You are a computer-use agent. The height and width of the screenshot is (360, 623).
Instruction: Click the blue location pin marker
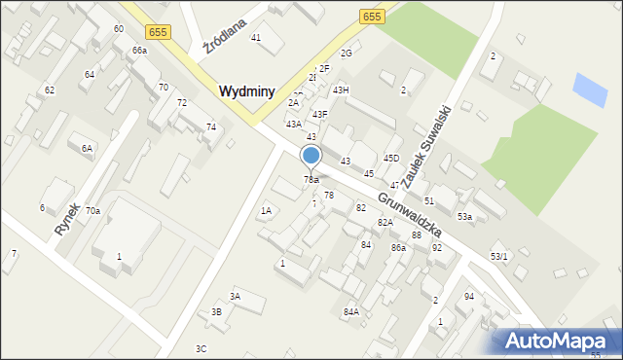pos(311,156)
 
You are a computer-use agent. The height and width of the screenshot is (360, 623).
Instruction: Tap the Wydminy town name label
pos(252,90)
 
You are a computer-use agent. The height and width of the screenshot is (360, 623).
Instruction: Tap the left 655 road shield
pos(160,32)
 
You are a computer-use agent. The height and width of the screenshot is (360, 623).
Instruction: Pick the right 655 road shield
pos(371,17)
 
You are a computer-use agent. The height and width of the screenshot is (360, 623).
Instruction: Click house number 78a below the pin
pos(311,180)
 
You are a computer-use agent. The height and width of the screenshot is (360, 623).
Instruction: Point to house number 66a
pos(140,50)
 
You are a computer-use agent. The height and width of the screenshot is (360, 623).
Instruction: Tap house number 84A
pos(350,311)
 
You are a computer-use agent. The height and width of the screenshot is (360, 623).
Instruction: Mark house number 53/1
pos(498,256)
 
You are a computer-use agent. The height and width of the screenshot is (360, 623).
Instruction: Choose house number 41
pos(256,37)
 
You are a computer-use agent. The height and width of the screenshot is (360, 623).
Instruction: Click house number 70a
pos(92,210)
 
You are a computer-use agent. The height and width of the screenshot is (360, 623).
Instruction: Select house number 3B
pos(216,311)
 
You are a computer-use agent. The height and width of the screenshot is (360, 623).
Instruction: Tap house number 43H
pos(340,90)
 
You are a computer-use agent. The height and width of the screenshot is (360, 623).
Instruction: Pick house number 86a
pos(398,248)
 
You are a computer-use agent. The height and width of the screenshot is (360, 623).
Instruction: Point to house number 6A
pos(87,148)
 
